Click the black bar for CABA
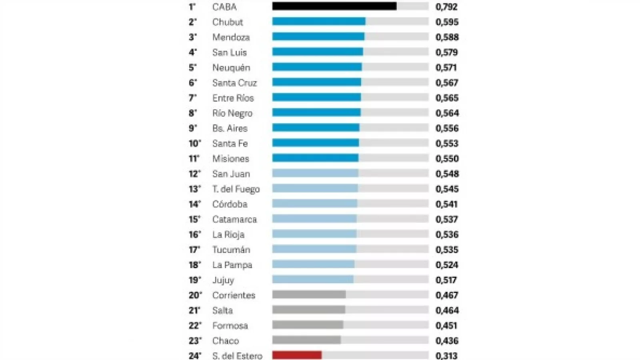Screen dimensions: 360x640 [x=334, y=6]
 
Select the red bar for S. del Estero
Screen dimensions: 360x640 [x=297, y=355]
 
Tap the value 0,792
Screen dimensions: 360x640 [x=446, y=7]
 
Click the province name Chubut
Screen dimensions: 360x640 [x=228, y=22]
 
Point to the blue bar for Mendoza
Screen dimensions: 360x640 [x=318, y=37]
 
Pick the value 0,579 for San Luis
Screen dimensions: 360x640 [x=447, y=52]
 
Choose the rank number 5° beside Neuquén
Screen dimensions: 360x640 [x=193, y=68]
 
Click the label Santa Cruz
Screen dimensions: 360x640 [x=234, y=83]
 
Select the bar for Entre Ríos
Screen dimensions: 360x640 [x=316, y=98]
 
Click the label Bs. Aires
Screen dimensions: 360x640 [x=230, y=128]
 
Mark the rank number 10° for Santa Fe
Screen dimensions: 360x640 [x=195, y=144]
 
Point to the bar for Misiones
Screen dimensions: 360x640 [x=315, y=158]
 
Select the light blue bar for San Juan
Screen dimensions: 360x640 [x=315, y=174]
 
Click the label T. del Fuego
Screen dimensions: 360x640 [x=236, y=189]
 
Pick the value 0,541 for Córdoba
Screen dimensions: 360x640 [x=446, y=204]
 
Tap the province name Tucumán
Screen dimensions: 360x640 [x=231, y=250]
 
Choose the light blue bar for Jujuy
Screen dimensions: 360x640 [x=313, y=280]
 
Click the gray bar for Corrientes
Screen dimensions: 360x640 [x=309, y=295]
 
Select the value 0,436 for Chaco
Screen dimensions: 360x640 [x=447, y=341]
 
